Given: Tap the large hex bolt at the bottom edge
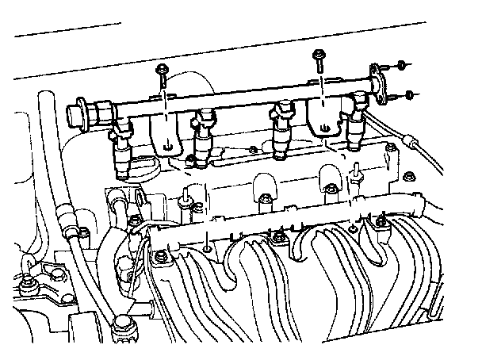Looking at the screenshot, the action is tap(122, 324).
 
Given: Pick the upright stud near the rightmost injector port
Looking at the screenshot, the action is tap(358, 169).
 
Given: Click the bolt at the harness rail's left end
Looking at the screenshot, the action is tap(162, 255).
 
